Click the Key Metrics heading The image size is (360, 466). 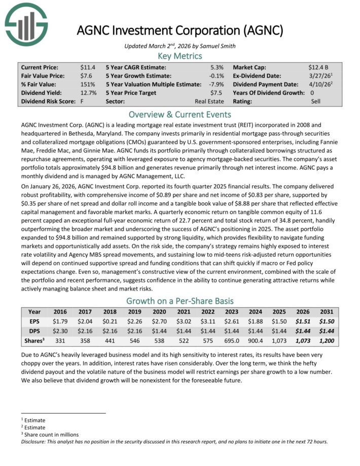(x=180, y=56)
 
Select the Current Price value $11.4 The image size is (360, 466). (x=88, y=67)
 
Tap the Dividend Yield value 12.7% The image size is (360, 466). (x=88, y=93)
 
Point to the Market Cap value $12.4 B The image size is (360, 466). (x=318, y=67)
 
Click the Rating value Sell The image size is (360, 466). (x=316, y=101)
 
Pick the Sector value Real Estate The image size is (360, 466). (x=210, y=101)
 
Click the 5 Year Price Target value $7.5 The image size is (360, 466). (x=217, y=93)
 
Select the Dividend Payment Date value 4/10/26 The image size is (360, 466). (x=319, y=84)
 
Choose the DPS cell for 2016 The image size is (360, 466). (x=60, y=331)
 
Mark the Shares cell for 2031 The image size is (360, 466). (x=327, y=341)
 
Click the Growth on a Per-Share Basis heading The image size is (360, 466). (x=180, y=300)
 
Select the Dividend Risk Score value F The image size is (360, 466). (x=82, y=101)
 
